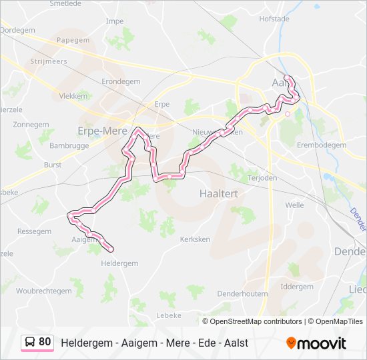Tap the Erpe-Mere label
[102, 131]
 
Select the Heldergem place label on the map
[119, 263]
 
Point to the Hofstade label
[274, 19]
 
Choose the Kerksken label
[195, 238]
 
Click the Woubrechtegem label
[43, 291]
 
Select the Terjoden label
[262, 179]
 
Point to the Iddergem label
[297, 287]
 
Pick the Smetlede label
[65, 3]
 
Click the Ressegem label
[34, 231]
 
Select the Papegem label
[73, 40]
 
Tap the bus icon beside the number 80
[30, 342]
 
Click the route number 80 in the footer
[45, 342]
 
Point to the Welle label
[294, 205]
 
